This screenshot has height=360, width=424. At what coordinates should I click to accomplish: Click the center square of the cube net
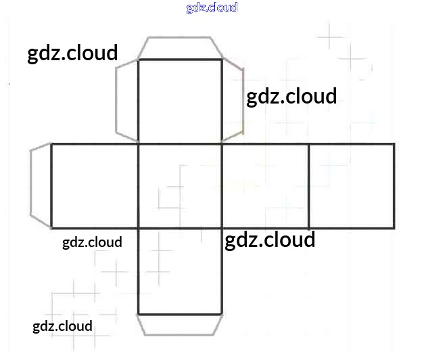[x=180, y=185]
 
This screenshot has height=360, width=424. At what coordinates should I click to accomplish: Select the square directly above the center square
[x=180, y=102]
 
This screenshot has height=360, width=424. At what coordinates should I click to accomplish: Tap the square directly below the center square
[x=180, y=271]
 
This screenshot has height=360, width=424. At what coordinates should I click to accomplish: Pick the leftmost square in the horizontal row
[x=95, y=185]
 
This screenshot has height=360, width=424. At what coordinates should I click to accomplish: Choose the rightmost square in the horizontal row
[x=352, y=185]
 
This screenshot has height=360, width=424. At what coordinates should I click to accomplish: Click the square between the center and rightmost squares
[x=265, y=185]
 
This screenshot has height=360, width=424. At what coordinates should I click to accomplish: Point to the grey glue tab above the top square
[x=180, y=49]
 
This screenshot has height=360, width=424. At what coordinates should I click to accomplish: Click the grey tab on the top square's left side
[x=127, y=102]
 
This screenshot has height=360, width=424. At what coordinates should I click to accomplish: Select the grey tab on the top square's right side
[x=232, y=102]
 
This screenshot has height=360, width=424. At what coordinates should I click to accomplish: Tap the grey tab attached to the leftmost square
[x=41, y=185]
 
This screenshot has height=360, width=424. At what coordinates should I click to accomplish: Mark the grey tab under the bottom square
[x=180, y=324]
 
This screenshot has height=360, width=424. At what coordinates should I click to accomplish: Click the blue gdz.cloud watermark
[x=212, y=8]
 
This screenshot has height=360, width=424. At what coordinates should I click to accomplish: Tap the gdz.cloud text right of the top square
[x=291, y=97]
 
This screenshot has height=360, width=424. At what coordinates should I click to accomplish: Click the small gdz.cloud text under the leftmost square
[x=92, y=242]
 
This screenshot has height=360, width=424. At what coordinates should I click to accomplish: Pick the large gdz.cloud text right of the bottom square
[x=270, y=240]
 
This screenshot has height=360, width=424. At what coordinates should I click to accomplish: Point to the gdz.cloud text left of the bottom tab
[x=62, y=327]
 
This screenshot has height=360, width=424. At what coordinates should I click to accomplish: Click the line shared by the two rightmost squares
[x=309, y=185]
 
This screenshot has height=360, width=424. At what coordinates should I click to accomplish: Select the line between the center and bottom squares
[x=180, y=228]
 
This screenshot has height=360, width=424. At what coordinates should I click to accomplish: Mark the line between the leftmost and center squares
[x=138, y=185]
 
